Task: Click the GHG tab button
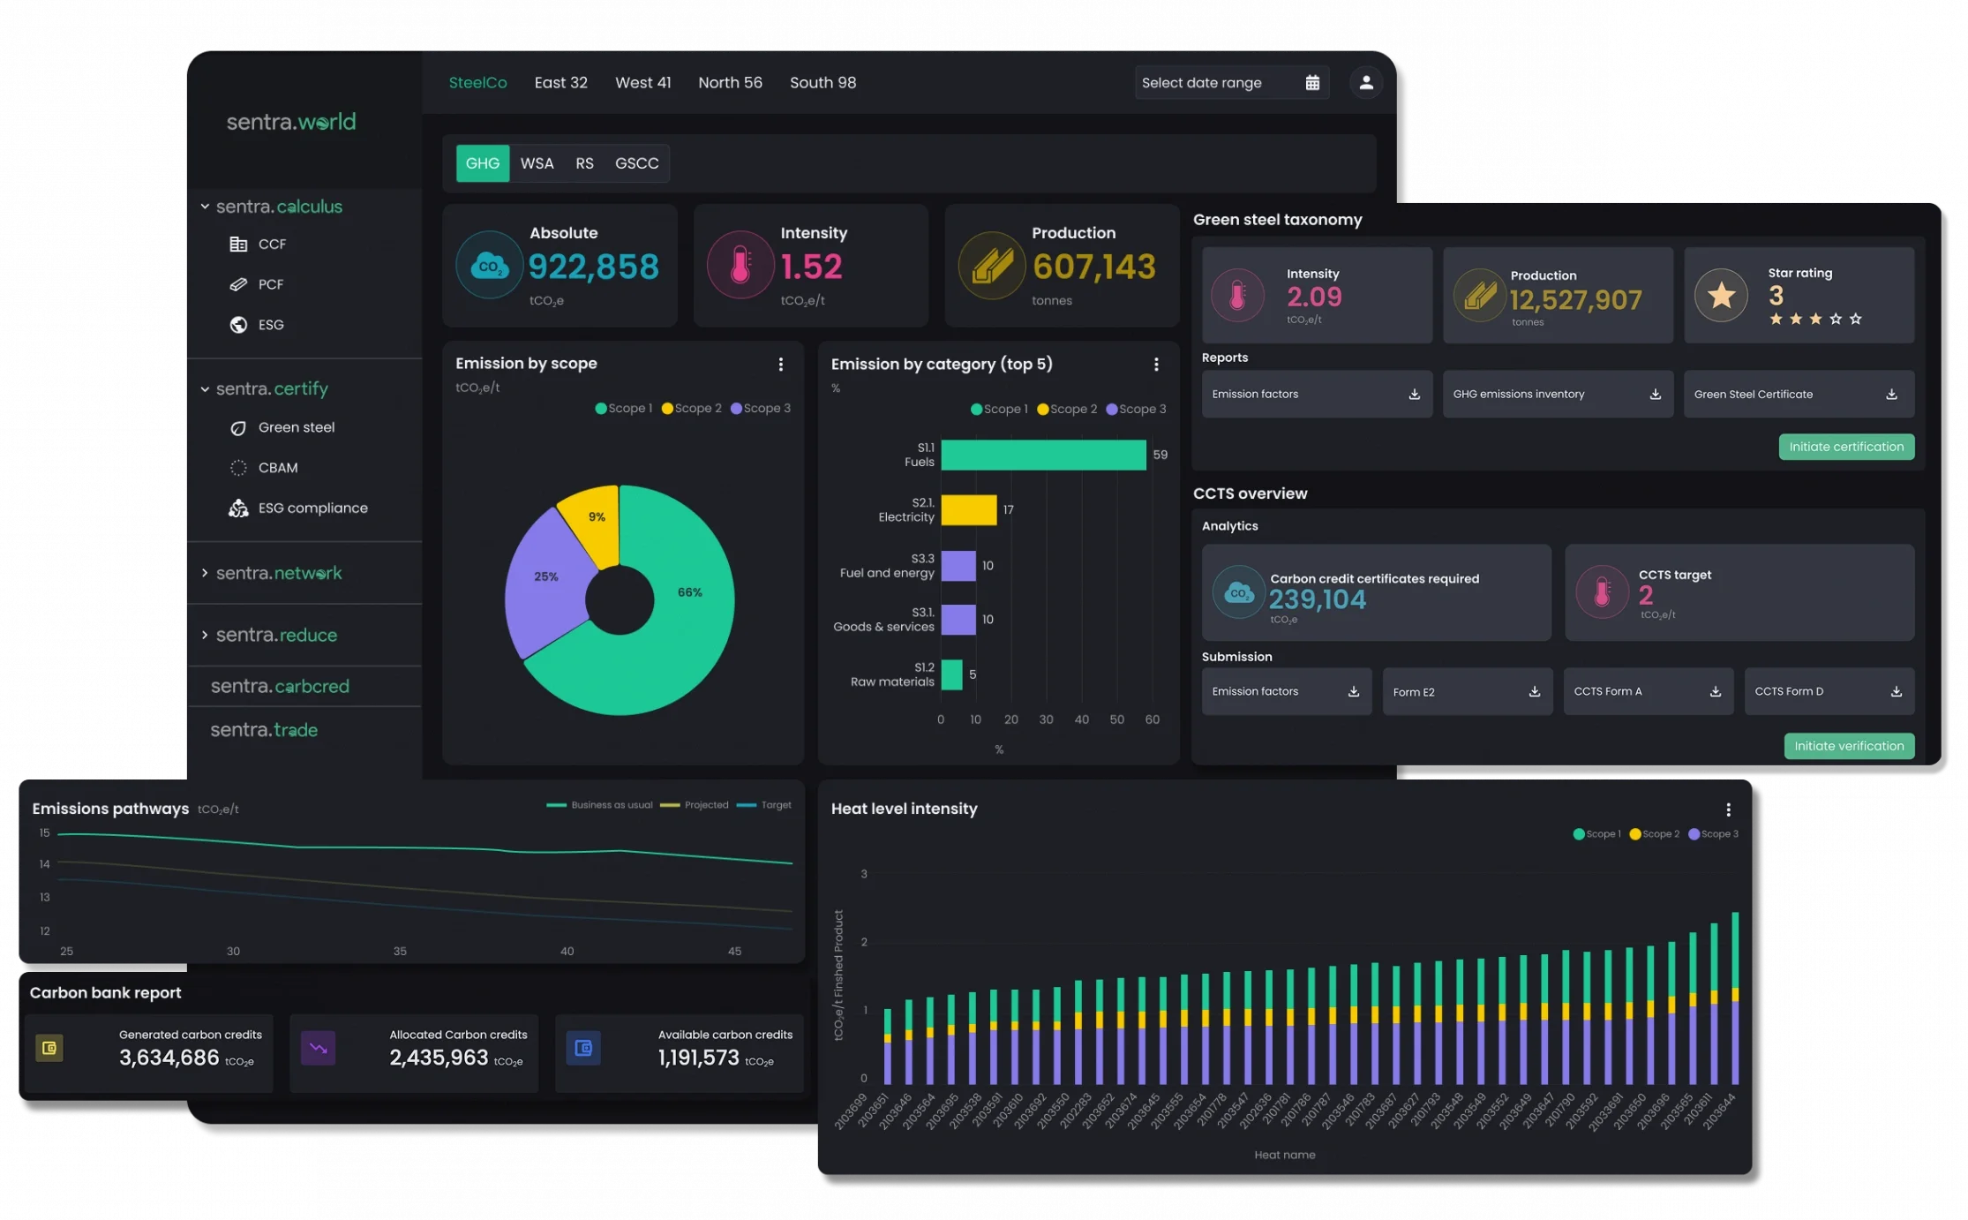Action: coord(482,163)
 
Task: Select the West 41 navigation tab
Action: coord(642,82)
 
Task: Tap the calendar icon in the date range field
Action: coord(1312,82)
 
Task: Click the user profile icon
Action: coord(1365,82)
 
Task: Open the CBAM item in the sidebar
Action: coord(277,468)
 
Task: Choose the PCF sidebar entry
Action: coord(270,284)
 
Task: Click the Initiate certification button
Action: coord(1845,447)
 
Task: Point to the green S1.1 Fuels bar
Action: coord(1043,455)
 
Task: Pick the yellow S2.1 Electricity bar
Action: coord(968,510)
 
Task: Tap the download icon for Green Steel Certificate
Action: coord(1891,395)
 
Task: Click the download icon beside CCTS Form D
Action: coord(1896,692)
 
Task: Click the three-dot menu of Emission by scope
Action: coord(780,365)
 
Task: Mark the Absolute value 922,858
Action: coord(593,267)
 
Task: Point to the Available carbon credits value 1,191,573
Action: coord(698,1058)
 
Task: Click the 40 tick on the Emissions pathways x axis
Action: coord(567,951)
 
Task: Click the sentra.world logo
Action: coord(291,122)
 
